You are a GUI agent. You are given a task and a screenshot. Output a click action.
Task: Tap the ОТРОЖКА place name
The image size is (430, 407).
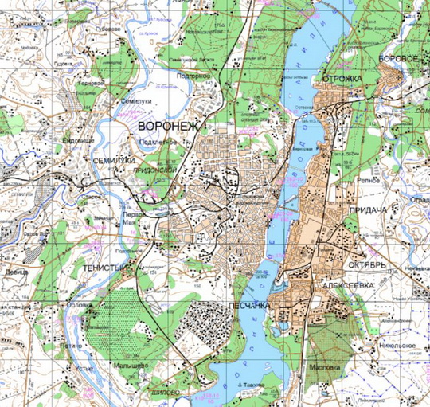coord(342,79)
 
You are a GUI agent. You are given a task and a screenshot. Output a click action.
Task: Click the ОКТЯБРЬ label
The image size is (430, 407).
coord(368,264)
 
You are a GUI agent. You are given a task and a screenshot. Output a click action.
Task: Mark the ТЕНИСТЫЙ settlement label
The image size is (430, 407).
coord(102,269)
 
